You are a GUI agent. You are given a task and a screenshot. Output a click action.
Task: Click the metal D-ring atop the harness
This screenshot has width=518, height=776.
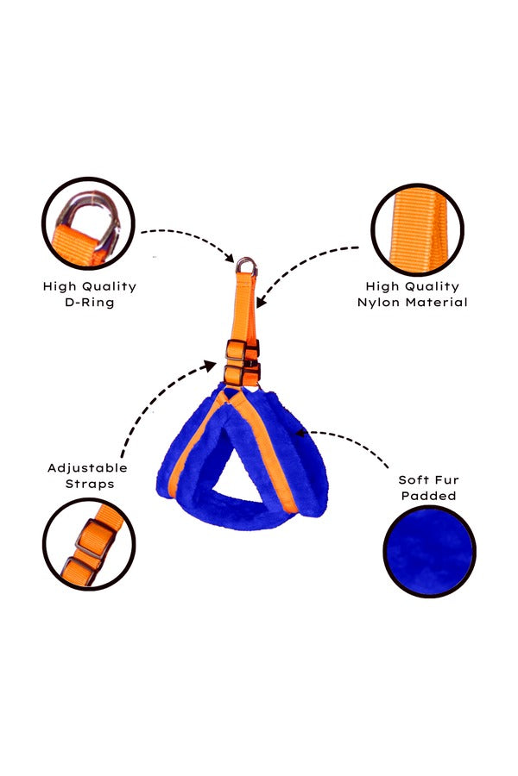pyautogui.click(x=246, y=260)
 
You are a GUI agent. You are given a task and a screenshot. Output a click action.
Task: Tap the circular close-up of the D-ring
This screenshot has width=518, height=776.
pyautogui.click(x=89, y=223)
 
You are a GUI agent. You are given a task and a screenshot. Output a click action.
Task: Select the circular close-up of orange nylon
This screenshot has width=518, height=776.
pyautogui.click(x=418, y=230)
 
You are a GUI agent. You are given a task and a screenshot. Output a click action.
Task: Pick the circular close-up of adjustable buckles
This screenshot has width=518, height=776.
pyautogui.click(x=89, y=544)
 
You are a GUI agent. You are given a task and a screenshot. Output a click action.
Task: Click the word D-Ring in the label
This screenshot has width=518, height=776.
pyautogui.click(x=90, y=302)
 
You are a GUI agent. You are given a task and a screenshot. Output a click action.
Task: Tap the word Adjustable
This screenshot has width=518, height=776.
pyautogui.click(x=88, y=468)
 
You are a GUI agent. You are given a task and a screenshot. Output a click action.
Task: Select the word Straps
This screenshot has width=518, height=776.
pyautogui.click(x=90, y=484)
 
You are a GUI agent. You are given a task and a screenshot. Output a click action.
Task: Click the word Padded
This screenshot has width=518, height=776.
pyautogui.click(x=429, y=496)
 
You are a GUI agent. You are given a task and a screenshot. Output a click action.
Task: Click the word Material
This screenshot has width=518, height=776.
pyautogui.click(x=436, y=302)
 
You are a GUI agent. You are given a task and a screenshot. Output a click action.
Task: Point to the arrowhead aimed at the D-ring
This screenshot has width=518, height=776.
pyautogui.click(x=230, y=257)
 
